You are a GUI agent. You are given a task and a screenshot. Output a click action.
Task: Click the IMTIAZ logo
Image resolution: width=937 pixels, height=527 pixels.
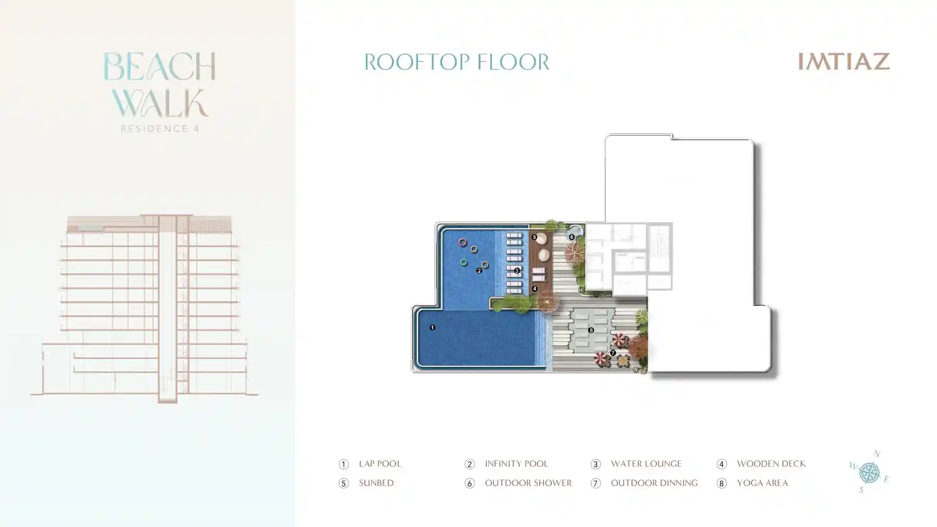(844, 61)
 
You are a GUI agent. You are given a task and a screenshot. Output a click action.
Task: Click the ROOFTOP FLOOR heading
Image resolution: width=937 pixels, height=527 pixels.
(457, 62)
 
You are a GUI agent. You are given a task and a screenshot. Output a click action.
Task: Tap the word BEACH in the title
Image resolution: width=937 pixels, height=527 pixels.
(159, 67)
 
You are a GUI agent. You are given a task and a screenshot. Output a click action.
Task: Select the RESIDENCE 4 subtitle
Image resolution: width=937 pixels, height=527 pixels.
(160, 128)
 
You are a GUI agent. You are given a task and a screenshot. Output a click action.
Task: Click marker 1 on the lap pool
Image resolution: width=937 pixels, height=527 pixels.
(432, 327)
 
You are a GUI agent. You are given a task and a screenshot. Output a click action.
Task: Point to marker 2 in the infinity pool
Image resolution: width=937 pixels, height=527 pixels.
(479, 271)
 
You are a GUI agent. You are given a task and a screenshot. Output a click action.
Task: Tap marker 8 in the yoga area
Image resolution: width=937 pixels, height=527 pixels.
(591, 330)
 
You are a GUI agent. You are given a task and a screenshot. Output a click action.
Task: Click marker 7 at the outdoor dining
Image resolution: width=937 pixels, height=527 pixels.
(613, 353)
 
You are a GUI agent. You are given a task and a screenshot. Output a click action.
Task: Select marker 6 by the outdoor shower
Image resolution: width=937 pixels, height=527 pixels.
(572, 237)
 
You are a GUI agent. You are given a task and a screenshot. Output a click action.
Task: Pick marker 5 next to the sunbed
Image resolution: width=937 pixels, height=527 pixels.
(534, 237)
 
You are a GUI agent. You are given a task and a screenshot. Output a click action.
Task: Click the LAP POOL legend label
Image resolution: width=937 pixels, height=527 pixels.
(380, 464)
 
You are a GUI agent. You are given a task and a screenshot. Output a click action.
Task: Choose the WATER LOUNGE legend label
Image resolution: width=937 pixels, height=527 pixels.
(646, 464)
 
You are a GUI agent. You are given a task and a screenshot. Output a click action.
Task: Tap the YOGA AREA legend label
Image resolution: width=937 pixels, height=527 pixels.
(762, 483)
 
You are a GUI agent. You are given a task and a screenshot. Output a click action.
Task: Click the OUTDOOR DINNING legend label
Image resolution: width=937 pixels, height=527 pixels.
(654, 483)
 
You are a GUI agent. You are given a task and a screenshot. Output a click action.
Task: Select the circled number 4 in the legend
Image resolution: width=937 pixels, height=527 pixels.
(721, 464)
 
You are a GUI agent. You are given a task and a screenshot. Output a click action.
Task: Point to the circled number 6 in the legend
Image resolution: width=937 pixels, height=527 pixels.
(470, 483)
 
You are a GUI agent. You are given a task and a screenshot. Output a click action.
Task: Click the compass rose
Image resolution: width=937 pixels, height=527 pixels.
(869, 472)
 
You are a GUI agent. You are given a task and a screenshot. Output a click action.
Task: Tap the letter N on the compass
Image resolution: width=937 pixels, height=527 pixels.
(877, 454)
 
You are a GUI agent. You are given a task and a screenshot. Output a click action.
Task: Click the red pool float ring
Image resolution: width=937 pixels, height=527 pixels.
(462, 242)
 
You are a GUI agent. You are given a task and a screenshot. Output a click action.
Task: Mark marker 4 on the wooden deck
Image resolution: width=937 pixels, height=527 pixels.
(535, 289)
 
